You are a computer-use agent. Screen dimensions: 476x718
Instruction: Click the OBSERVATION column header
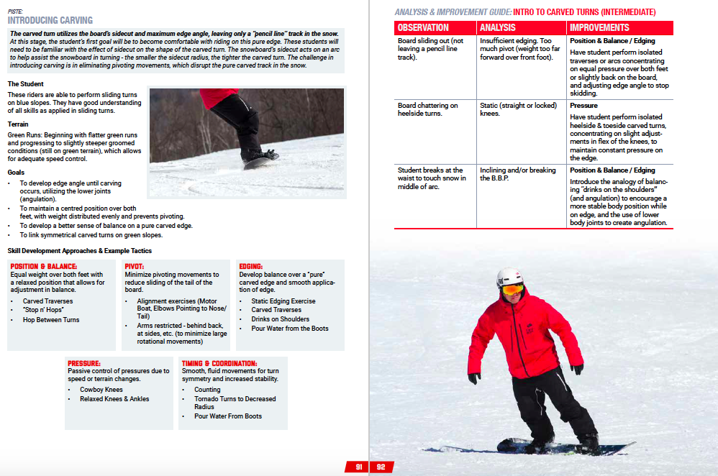coord(423,28)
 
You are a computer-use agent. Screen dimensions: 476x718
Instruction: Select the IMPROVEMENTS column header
coord(599,28)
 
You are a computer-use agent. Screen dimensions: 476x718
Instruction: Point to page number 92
coord(381,467)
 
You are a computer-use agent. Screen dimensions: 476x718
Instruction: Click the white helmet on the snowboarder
coord(509,277)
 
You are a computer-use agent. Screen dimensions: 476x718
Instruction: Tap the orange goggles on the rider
coord(512,289)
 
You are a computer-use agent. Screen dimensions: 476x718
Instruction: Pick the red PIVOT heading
coord(135,266)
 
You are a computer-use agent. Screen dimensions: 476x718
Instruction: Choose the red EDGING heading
coord(251,266)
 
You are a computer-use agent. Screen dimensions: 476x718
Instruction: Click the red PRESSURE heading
coord(84,363)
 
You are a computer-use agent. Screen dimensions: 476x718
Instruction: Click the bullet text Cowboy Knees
coord(101,390)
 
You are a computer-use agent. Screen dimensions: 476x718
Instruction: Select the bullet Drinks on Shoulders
coord(280,319)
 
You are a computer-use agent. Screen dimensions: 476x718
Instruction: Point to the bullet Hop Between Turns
coord(51,320)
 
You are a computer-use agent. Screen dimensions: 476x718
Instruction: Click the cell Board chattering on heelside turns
coord(428,110)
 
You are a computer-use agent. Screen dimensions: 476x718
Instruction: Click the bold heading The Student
coord(25,84)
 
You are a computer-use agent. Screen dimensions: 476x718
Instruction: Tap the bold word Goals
coord(16,173)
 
